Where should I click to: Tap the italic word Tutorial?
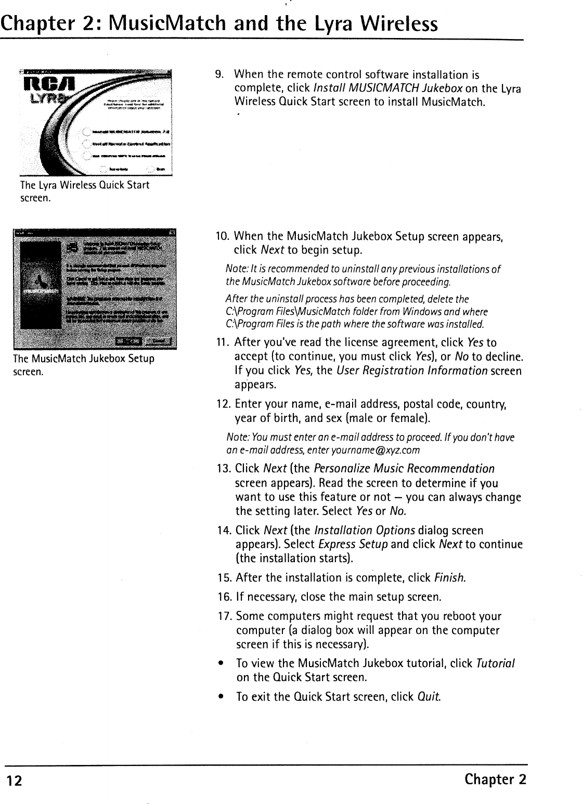[495, 663]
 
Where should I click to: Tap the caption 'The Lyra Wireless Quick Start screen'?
[84, 191]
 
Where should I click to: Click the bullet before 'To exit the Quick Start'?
[222, 697]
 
